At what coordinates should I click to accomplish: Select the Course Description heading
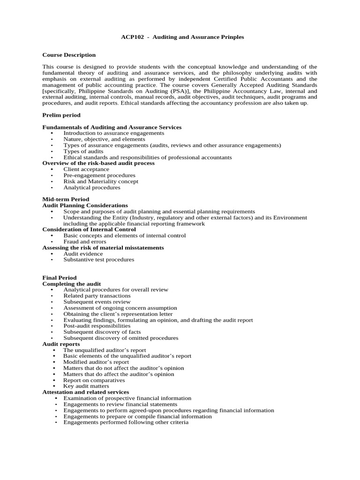[x=69, y=55]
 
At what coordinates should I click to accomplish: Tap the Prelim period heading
[x=61, y=115]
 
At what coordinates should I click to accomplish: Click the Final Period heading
[x=60, y=277]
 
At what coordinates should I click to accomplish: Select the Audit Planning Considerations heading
[x=85, y=205]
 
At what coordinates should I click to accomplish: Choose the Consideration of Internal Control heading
[x=90, y=229]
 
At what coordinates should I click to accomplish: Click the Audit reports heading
[x=61, y=344]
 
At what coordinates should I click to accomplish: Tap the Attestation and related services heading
[x=86, y=392]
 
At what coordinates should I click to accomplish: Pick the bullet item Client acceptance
[x=86, y=169]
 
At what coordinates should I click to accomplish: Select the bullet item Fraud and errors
[x=85, y=241]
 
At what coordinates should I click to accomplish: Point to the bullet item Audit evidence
[x=83, y=254]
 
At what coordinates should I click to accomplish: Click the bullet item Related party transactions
[x=97, y=296]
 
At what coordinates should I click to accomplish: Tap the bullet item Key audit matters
[x=86, y=386]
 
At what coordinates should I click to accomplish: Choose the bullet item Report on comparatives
[x=93, y=380]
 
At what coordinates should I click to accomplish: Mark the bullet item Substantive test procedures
[x=98, y=259]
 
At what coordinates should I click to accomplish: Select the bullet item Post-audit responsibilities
[x=97, y=325]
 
